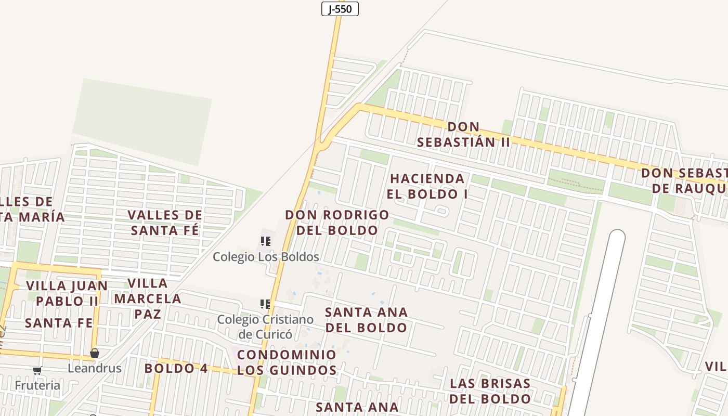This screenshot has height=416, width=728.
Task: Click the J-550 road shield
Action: pyautogui.click(x=340, y=9)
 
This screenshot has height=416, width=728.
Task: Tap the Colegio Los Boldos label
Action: pyautogui.click(x=266, y=257)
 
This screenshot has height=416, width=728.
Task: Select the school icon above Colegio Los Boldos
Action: pyautogui.click(x=266, y=241)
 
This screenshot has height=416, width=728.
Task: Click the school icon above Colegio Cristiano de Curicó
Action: pyautogui.click(x=265, y=304)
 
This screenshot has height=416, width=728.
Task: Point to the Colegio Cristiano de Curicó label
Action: pyautogui.click(x=265, y=327)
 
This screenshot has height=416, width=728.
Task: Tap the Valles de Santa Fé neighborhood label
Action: pyautogui.click(x=165, y=222)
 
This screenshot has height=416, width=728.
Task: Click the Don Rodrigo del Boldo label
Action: pyautogui.click(x=337, y=222)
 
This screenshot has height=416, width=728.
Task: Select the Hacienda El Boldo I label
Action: pyautogui.click(x=427, y=186)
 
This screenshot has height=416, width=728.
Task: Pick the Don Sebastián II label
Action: pyautogui.click(x=463, y=134)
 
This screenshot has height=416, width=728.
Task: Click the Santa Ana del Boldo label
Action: pyautogui.click(x=366, y=320)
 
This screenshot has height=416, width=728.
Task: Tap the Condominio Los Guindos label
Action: pyautogui.click(x=287, y=362)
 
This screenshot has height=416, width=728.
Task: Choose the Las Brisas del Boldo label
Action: pyautogui.click(x=490, y=391)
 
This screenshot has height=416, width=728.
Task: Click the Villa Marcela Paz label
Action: pyautogui.click(x=148, y=298)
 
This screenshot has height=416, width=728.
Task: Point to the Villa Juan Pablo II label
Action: pyautogui.click(x=67, y=293)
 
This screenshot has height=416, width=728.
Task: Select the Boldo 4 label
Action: pyautogui.click(x=176, y=368)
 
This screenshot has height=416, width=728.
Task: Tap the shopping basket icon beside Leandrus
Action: pyautogui.click(x=95, y=354)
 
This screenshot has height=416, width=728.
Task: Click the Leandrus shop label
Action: pyautogui.click(x=95, y=368)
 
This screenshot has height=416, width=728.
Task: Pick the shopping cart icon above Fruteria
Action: pyautogui.click(x=37, y=371)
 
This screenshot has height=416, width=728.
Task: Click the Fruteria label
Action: pyautogui.click(x=37, y=385)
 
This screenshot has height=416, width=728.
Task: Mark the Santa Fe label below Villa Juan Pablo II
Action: pyautogui.click(x=59, y=323)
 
